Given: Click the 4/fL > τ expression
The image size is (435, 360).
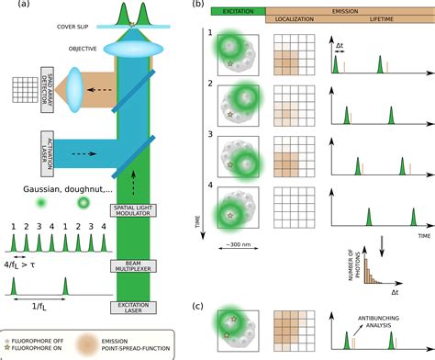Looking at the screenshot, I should (x=28, y=266).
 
